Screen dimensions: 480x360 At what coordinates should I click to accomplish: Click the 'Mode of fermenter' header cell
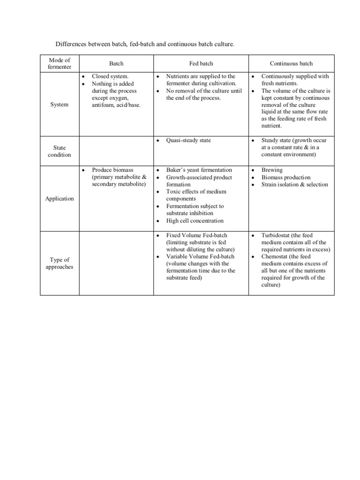(60, 63)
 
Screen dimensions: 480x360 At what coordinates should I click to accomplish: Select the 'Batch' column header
(116, 63)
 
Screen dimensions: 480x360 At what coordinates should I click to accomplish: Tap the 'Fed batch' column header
(201, 63)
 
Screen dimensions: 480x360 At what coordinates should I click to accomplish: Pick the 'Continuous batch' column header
(291, 63)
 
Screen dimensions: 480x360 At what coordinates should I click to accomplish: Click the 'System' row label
(60, 105)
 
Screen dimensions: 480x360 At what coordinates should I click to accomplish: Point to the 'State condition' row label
(60, 151)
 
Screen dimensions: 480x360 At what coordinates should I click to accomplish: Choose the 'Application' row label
(60, 199)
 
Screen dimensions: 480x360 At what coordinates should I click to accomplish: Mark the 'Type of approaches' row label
(60, 263)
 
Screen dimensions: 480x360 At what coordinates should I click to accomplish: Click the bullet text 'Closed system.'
(110, 76)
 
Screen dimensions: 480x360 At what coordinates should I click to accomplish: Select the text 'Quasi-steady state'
(188, 140)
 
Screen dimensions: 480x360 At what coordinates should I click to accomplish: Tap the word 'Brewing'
(272, 170)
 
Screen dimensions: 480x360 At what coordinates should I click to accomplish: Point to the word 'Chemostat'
(275, 256)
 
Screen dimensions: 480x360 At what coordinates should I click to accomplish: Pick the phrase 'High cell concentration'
(195, 221)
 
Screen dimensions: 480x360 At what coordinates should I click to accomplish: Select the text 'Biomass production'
(286, 177)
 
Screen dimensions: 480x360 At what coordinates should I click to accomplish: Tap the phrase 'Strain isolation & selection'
(295, 184)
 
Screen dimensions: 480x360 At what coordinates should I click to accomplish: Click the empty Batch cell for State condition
(116, 151)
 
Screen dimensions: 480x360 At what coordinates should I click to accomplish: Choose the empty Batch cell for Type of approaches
(116, 263)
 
